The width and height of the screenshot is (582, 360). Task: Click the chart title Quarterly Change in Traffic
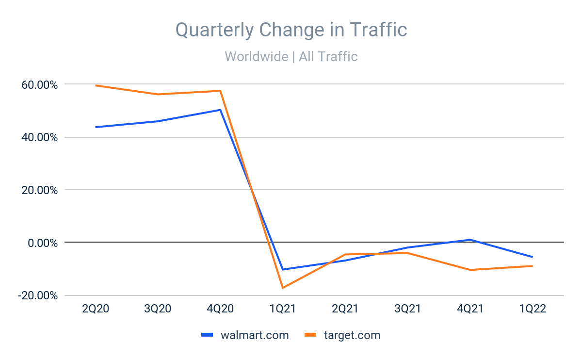pyautogui.click(x=291, y=30)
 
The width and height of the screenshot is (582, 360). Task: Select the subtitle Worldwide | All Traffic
pyautogui.click(x=291, y=57)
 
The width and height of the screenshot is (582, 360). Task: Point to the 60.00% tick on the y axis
pyautogui.click(x=37, y=85)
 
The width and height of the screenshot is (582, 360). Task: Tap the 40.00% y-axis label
pyautogui.click(x=37, y=137)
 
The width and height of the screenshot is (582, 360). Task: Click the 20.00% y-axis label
pyautogui.click(x=37, y=190)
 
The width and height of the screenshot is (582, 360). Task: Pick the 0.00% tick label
pyautogui.click(x=40, y=243)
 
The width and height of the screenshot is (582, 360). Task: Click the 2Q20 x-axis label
pyautogui.click(x=96, y=310)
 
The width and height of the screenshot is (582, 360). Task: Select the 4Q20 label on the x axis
pyautogui.click(x=220, y=310)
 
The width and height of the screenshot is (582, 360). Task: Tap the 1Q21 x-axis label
pyautogui.click(x=282, y=310)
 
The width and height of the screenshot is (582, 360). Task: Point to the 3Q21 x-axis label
pyautogui.click(x=407, y=310)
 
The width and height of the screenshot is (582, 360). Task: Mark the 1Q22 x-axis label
pyautogui.click(x=532, y=310)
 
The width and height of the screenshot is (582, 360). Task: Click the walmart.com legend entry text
pyautogui.click(x=255, y=335)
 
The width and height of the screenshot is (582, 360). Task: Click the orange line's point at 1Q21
pyautogui.click(x=282, y=288)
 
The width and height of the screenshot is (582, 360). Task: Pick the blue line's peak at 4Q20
pyautogui.click(x=220, y=110)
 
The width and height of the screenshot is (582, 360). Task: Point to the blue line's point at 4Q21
pyautogui.click(x=470, y=240)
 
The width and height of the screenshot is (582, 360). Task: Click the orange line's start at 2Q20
pyautogui.click(x=96, y=85)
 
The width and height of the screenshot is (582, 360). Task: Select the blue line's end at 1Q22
pyautogui.click(x=532, y=257)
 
